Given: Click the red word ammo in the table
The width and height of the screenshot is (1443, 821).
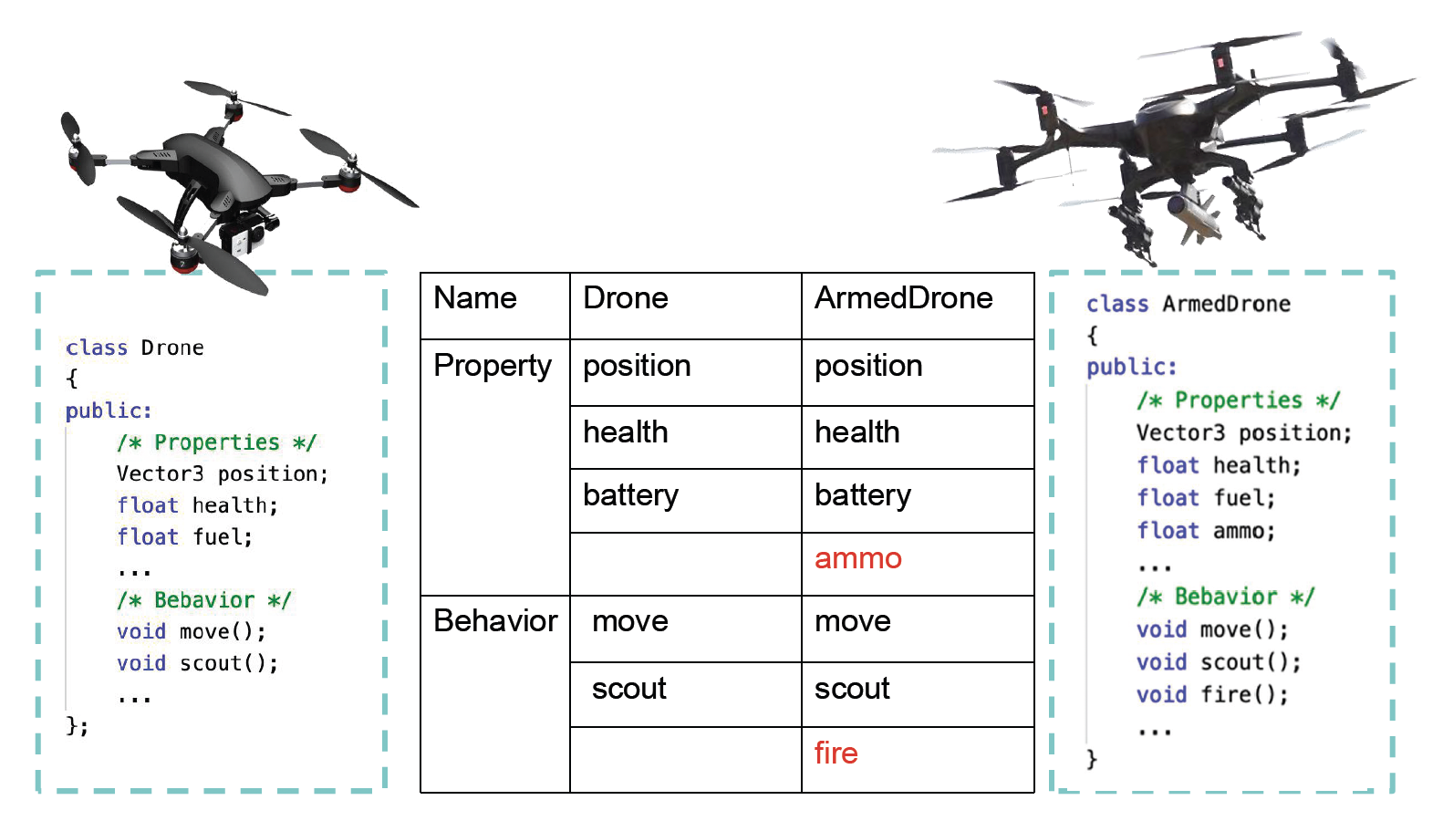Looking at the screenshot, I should point(857,558).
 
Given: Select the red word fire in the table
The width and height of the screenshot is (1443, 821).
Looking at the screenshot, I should point(836,753).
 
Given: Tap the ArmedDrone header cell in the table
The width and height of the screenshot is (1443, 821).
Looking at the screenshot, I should point(903,298).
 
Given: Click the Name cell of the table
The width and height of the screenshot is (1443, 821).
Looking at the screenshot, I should point(475,298).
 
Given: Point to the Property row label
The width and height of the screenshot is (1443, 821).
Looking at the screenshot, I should point(493,366).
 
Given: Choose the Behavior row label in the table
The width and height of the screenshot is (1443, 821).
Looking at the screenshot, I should point(495,621).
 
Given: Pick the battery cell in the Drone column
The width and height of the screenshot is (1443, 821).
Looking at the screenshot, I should point(630,495).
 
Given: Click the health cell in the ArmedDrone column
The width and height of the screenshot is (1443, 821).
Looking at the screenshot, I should point(856,432).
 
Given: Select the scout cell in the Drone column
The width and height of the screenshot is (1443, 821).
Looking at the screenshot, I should point(628,689).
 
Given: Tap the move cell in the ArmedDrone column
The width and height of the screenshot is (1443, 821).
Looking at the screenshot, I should point(852,621).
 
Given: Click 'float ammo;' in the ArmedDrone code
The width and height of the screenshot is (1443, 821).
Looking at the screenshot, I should point(1205,531).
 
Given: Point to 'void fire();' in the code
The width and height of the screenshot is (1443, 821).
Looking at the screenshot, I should point(1212,695).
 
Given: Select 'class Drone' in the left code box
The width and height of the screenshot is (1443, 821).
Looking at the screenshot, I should point(135,348).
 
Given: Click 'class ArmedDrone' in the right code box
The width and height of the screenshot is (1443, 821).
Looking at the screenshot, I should point(1188,304).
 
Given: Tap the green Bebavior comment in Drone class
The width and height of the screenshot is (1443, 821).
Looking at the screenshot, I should point(203,600).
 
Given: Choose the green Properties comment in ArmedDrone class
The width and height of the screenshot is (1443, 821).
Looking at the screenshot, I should point(1238,400).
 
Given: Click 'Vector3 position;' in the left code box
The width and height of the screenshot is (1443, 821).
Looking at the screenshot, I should point(222,474).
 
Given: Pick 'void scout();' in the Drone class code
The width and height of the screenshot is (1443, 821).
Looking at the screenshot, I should point(197,664).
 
